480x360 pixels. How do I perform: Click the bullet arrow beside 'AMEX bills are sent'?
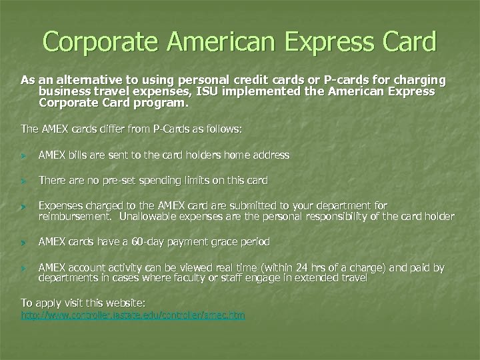coord(25,155)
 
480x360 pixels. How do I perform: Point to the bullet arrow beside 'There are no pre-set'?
coord(25,181)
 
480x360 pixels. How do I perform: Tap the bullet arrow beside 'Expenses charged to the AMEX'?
coord(25,207)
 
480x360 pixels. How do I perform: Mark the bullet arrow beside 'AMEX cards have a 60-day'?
coord(25,242)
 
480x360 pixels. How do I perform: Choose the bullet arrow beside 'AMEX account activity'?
coord(25,268)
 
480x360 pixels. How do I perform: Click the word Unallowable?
coord(148,216)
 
